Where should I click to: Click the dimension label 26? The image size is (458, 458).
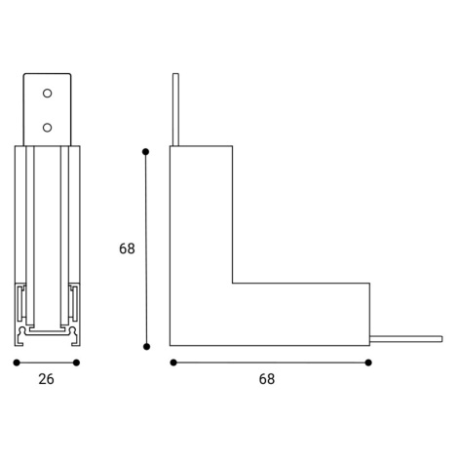[46, 379]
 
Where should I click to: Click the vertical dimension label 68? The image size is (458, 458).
[127, 248]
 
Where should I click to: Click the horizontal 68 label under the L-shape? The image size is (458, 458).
[267, 379]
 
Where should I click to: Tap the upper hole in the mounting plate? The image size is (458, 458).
[47, 94]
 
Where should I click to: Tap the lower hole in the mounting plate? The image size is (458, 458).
[47, 128]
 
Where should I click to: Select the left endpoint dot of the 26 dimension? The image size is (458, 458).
[17, 363]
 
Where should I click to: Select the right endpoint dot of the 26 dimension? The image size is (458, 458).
[76, 363]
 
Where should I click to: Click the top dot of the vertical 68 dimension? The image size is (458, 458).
[145, 152]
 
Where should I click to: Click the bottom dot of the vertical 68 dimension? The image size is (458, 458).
[146, 347]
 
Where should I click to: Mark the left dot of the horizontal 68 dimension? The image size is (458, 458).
[173, 363]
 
